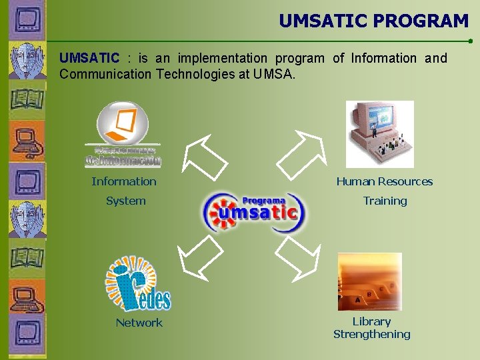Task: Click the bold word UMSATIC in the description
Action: click(x=89, y=59)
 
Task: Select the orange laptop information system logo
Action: click(x=123, y=134)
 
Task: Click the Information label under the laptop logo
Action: click(x=124, y=181)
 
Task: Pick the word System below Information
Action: click(x=125, y=201)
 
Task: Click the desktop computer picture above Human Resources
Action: click(x=379, y=134)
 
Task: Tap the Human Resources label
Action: click(x=385, y=181)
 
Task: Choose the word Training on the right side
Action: click(x=385, y=201)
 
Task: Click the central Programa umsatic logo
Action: click(x=253, y=212)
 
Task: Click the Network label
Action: click(x=139, y=323)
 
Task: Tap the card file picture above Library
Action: click(x=369, y=281)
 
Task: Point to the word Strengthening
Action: click(x=371, y=334)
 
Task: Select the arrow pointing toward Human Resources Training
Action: click(x=299, y=156)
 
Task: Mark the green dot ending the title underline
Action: click(x=471, y=41)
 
